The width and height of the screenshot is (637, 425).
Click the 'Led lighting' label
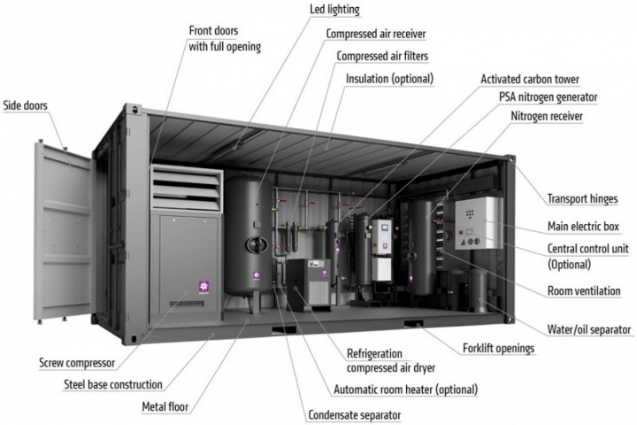(334, 10)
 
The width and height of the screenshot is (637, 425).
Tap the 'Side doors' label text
(25, 105)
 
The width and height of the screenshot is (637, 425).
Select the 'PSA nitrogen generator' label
(548, 97)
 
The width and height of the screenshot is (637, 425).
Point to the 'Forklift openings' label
(498, 349)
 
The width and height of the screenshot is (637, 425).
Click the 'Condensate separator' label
(354, 415)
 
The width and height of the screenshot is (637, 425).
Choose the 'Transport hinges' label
(582, 199)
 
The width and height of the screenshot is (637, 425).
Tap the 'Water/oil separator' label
(588, 329)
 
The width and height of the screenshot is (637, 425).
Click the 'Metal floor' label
(165, 406)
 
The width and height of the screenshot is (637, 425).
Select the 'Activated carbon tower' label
(530, 80)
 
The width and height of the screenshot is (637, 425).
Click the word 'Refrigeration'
(374, 354)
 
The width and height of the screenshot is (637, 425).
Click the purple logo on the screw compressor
(203, 286)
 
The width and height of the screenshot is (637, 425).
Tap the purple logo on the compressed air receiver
(257, 275)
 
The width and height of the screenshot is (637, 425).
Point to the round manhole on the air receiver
(257, 245)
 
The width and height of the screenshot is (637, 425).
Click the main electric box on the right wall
(478, 223)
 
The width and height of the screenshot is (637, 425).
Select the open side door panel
(63, 232)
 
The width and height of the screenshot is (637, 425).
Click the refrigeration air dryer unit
(309, 285)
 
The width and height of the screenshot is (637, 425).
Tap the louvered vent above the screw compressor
(187, 188)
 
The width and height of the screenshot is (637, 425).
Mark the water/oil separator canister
(479, 291)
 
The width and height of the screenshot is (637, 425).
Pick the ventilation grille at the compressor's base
(187, 304)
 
